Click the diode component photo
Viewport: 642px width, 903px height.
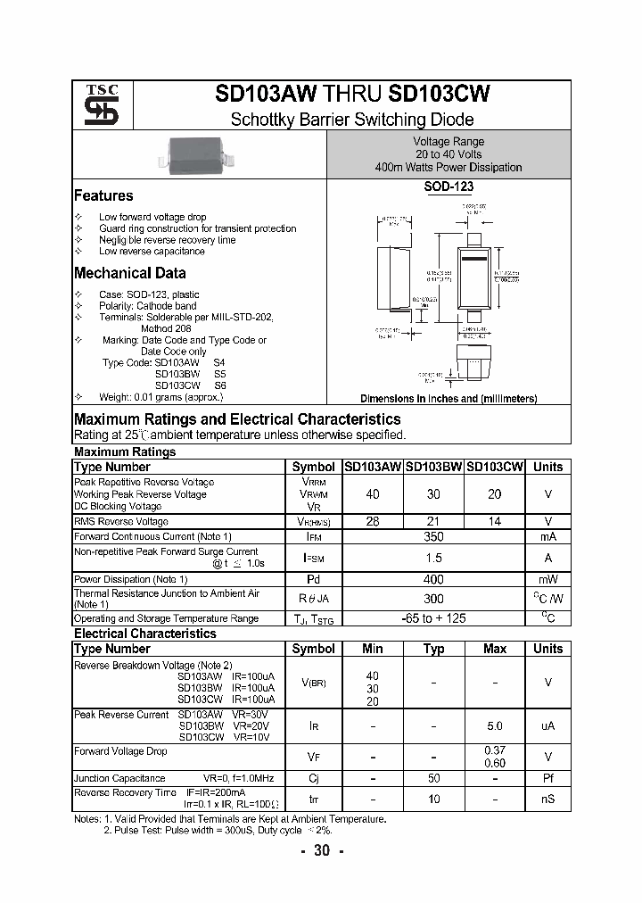199,153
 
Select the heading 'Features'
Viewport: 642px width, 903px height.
103,195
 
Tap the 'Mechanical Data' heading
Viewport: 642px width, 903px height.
129,273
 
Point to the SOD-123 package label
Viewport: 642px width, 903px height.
449,187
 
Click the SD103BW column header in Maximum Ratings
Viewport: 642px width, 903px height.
434,467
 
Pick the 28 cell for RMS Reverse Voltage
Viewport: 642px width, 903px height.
373,521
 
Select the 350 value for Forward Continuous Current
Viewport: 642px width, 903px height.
433,536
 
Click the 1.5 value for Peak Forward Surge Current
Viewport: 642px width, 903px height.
433,558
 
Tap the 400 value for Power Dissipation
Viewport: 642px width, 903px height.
433,579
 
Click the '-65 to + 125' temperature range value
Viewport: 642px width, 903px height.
433,617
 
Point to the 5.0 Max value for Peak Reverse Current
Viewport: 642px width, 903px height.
495,726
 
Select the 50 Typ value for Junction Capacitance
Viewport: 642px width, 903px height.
433,778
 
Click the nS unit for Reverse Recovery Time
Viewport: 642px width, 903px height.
547,799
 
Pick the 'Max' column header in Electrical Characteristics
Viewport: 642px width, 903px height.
495,649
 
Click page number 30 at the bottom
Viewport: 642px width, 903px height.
321,850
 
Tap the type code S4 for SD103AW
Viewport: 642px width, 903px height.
219,363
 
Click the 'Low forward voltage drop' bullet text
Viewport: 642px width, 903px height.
152,217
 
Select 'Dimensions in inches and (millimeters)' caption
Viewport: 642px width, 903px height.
449,399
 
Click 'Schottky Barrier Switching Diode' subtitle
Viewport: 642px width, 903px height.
352,120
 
